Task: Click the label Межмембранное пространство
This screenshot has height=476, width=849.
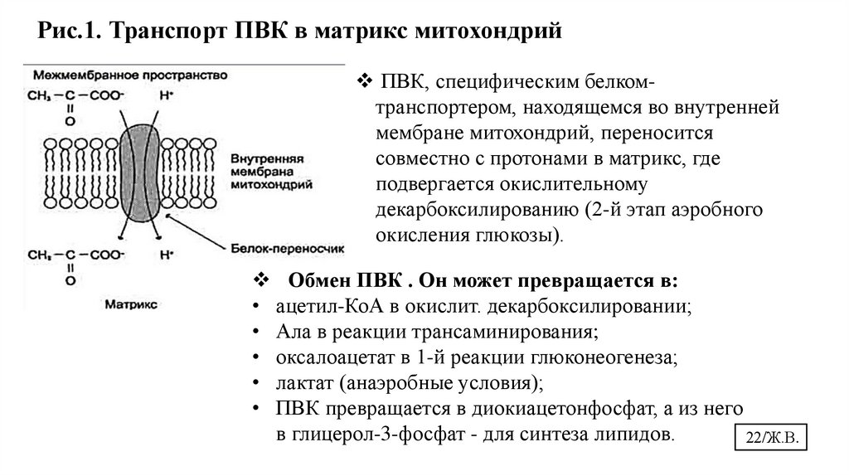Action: (x=129, y=75)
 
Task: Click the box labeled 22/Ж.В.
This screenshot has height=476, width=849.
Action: (x=770, y=440)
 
